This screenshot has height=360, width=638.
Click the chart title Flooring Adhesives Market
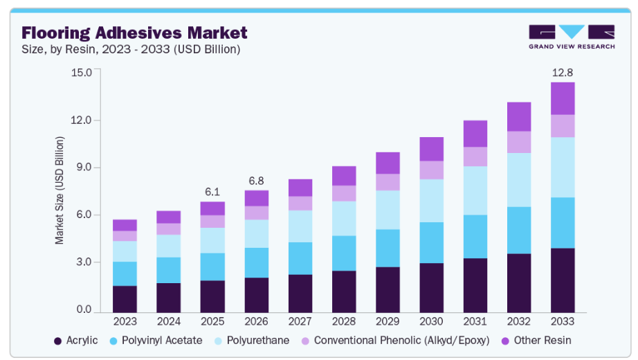[134, 33]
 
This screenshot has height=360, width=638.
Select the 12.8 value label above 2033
[563, 73]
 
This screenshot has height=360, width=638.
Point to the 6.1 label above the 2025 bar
[212, 192]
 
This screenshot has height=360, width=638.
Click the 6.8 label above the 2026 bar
[256, 181]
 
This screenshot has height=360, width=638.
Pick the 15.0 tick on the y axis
[81, 73]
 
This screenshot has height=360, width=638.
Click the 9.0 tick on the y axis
[83, 168]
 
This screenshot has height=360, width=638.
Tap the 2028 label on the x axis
[344, 321]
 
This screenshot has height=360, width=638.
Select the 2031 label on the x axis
[475, 321]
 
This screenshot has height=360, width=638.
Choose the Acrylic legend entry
[76, 341]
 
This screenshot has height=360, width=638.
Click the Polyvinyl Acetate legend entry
[156, 341]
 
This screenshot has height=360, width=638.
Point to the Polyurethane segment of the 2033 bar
[563, 167]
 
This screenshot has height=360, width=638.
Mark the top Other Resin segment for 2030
[431, 149]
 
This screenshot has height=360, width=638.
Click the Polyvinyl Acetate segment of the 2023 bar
[125, 273]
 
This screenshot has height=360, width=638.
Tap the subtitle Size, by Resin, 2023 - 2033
[131, 49]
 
